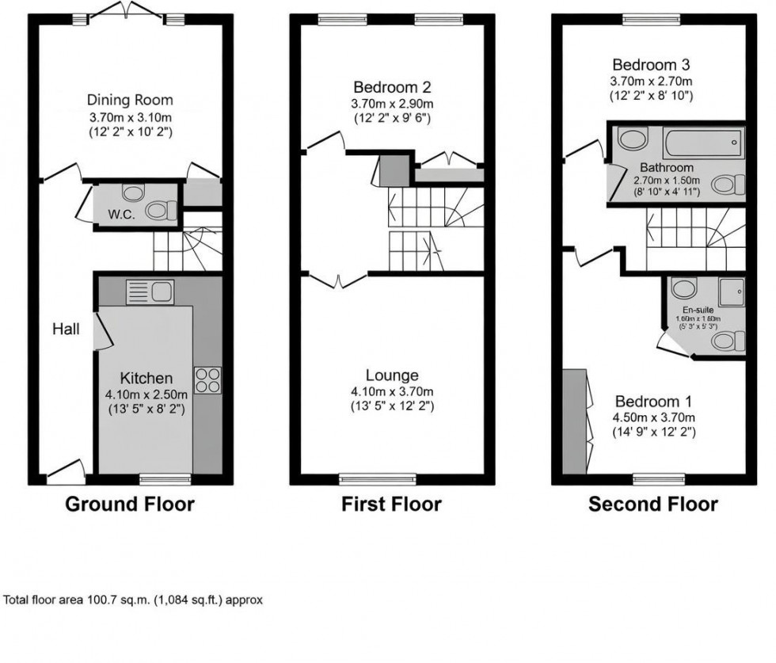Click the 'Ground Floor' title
click(x=129, y=504)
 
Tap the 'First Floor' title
click(x=391, y=504)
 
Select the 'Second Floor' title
click(x=652, y=504)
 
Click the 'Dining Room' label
click(x=130, y=101)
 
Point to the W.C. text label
click(x=120, y=214)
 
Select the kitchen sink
click(x=150, y=291)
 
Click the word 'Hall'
click(x=67, y=329)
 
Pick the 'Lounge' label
click(x=392, y=375)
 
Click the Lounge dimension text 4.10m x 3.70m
click(x=392, y=391)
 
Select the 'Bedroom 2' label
click(x=393, y=87)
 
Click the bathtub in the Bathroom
click(x=702, y=143)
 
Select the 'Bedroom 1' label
click(x=654, y=402)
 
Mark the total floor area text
click(x=133, y=600)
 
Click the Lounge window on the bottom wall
click(x=378, y=478)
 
